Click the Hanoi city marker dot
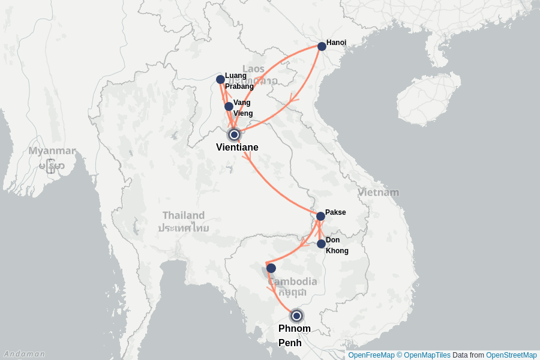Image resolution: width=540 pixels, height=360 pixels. [x=322, y=46]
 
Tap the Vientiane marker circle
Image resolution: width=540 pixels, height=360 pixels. [x=234, y=134]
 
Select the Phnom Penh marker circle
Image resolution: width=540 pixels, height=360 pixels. [x=296, y=316]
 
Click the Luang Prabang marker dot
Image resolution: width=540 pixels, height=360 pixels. [x=220, y=79]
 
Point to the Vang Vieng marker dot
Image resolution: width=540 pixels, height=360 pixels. [x=229, y=107]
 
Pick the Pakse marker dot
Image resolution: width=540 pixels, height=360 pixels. [x=320, y=217]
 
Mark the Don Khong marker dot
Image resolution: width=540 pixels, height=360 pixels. [x=321, y=244]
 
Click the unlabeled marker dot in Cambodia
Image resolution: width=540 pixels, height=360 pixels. [x=271, y=268]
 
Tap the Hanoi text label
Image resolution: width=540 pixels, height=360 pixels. [x=336, y=43]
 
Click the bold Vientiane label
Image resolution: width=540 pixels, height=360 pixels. [x=237, y=148]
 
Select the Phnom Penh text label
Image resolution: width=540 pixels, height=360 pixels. [x=295, y=336]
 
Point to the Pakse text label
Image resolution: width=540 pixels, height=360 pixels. [x=335, y=212]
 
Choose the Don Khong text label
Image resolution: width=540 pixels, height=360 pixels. [x=336, y=245]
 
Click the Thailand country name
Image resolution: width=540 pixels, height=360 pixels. [x=183, y=215]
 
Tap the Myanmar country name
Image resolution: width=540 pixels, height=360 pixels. [x=52, y=151]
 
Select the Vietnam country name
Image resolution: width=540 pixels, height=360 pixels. [x=378, y=193]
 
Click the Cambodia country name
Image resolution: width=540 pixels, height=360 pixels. [x=293, y=282]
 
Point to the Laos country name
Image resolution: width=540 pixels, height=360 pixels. [x=253, y=69]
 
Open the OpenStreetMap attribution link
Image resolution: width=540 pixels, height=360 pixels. [x=511, y=355]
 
